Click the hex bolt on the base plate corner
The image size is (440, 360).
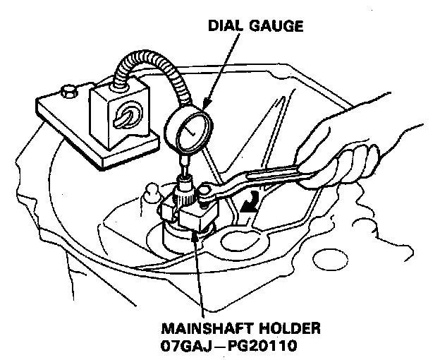coord(69,91)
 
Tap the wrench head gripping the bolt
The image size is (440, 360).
coord(211,191)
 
